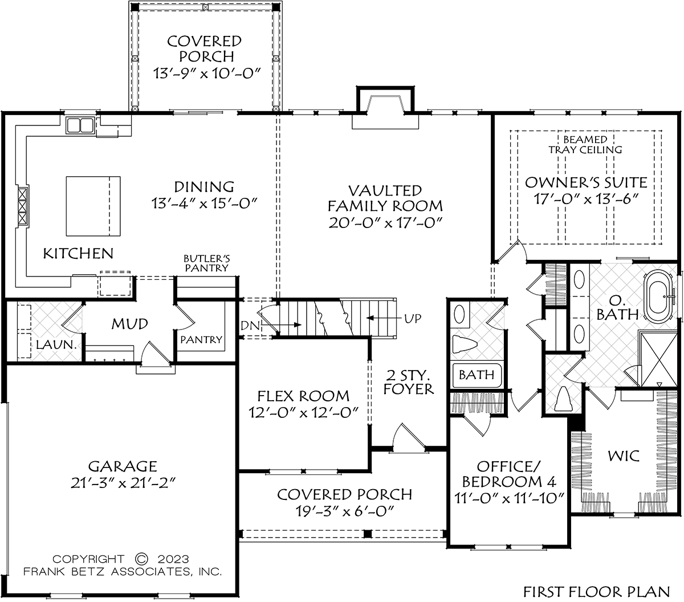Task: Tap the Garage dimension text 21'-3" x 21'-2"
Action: coord(123,483)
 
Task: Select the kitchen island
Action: coord(93,206)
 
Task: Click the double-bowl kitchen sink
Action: coord(80,125)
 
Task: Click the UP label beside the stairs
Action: coord(413,319)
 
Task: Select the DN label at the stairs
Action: coord(250,326)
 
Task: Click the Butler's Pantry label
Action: coord(206,263)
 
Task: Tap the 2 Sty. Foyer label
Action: coord(409,382)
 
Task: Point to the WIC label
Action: coord(624,456)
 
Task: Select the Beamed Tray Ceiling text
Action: coord(585,144)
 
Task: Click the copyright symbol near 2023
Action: coord(141,559)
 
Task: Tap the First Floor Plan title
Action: coord(597,592)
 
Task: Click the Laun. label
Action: coord(56,345)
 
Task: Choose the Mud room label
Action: coord(129,324)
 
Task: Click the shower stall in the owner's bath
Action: coord(659,359)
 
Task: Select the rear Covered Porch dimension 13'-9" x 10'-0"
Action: coord(207,72)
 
